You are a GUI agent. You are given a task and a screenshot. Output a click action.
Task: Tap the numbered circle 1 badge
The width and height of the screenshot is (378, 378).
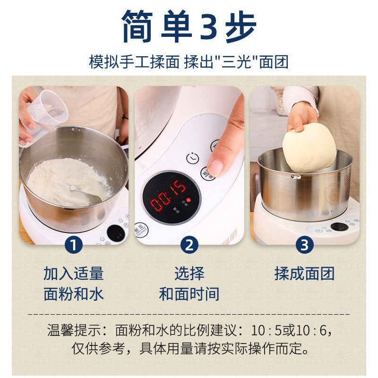click(74, 244)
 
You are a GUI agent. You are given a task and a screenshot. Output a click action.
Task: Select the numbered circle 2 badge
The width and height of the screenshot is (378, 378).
click(189, 244)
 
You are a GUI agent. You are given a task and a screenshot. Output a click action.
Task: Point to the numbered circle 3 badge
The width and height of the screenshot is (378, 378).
click(304, 244)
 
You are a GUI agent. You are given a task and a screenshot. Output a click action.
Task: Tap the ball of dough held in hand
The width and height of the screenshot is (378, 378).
click(309, 147)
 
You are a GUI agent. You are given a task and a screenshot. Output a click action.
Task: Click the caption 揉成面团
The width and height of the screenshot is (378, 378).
click(304, 273)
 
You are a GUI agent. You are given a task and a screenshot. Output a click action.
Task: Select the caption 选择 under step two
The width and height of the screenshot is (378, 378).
click(189, 273)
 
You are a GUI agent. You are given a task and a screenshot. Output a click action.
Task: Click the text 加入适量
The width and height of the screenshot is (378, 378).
click(74, 273)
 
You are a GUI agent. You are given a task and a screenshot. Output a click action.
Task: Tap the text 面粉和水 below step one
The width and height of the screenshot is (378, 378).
click(74, 294)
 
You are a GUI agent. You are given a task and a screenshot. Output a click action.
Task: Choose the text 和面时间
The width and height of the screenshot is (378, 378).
click(189, 294)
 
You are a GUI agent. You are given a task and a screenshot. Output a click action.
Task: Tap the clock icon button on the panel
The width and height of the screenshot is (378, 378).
click(192, 158)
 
